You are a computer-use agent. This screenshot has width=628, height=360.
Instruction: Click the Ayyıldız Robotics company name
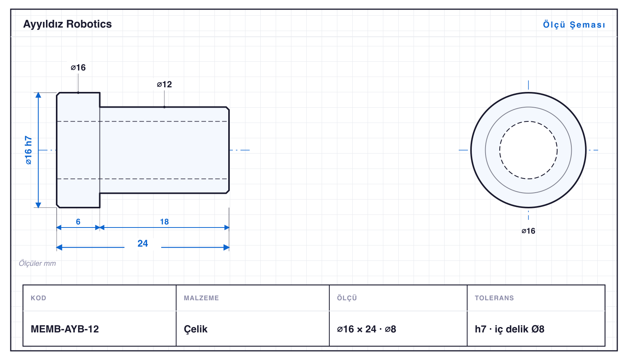tap(67, 25)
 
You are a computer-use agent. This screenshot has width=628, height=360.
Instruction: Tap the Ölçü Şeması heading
tap(574, 25)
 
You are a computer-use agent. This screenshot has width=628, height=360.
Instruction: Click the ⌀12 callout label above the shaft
tap(164, 84)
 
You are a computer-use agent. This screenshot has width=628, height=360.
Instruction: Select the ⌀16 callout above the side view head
tap(78, 67)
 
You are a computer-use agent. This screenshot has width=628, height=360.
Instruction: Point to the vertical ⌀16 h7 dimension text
tap(28, 150)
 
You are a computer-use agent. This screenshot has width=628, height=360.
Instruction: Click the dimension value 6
tap(78, 222)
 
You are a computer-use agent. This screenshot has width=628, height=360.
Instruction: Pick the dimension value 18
tap(164, 222)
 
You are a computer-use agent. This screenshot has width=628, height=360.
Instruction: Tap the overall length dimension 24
tap(143, 243)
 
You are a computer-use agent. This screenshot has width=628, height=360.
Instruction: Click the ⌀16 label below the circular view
tap(528, 231)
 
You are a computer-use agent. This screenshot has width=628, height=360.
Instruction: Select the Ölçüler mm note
tap(37, 263)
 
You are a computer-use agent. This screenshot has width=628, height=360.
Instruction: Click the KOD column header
tap(38, 298)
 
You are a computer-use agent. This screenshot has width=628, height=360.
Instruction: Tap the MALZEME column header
tap(201, 298)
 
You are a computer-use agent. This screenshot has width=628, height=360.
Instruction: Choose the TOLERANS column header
tap(494, 298)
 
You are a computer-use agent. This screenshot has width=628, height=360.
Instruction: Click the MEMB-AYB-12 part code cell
tap(65, 329)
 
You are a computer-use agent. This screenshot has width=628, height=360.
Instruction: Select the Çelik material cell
tap(196, 329)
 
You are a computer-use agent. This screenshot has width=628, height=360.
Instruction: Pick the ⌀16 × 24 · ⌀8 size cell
tap(366, 329)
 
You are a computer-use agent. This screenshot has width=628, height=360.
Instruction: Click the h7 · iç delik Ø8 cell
tap(509, 329)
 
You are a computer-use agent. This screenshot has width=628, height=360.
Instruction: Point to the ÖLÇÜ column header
tap(347, 298)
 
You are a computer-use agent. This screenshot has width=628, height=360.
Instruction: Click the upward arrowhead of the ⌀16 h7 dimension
tap(38, 95)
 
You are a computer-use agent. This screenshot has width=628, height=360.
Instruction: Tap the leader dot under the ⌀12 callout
tap(164, 107)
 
